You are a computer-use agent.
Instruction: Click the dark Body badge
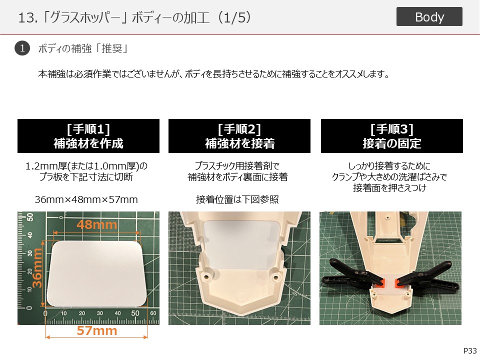429,16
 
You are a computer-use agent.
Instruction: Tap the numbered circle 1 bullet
22,48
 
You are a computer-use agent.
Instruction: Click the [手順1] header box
88,136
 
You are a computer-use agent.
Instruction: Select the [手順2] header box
239,136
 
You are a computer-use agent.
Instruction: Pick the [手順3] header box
392,136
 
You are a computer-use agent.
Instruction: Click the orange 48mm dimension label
96,224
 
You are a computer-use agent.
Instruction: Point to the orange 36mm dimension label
37,268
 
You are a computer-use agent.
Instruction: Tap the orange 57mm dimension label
96,330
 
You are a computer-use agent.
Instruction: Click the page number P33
470,351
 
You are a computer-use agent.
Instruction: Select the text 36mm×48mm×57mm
86,199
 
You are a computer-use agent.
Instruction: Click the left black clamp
352,275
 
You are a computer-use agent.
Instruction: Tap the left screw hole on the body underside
206,277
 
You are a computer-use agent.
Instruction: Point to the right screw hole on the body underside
275,277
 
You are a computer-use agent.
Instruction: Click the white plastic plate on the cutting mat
96,273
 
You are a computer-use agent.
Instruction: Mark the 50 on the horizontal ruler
135,313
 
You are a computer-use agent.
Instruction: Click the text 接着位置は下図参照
237,199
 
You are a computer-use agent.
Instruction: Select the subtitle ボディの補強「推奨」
82,48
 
